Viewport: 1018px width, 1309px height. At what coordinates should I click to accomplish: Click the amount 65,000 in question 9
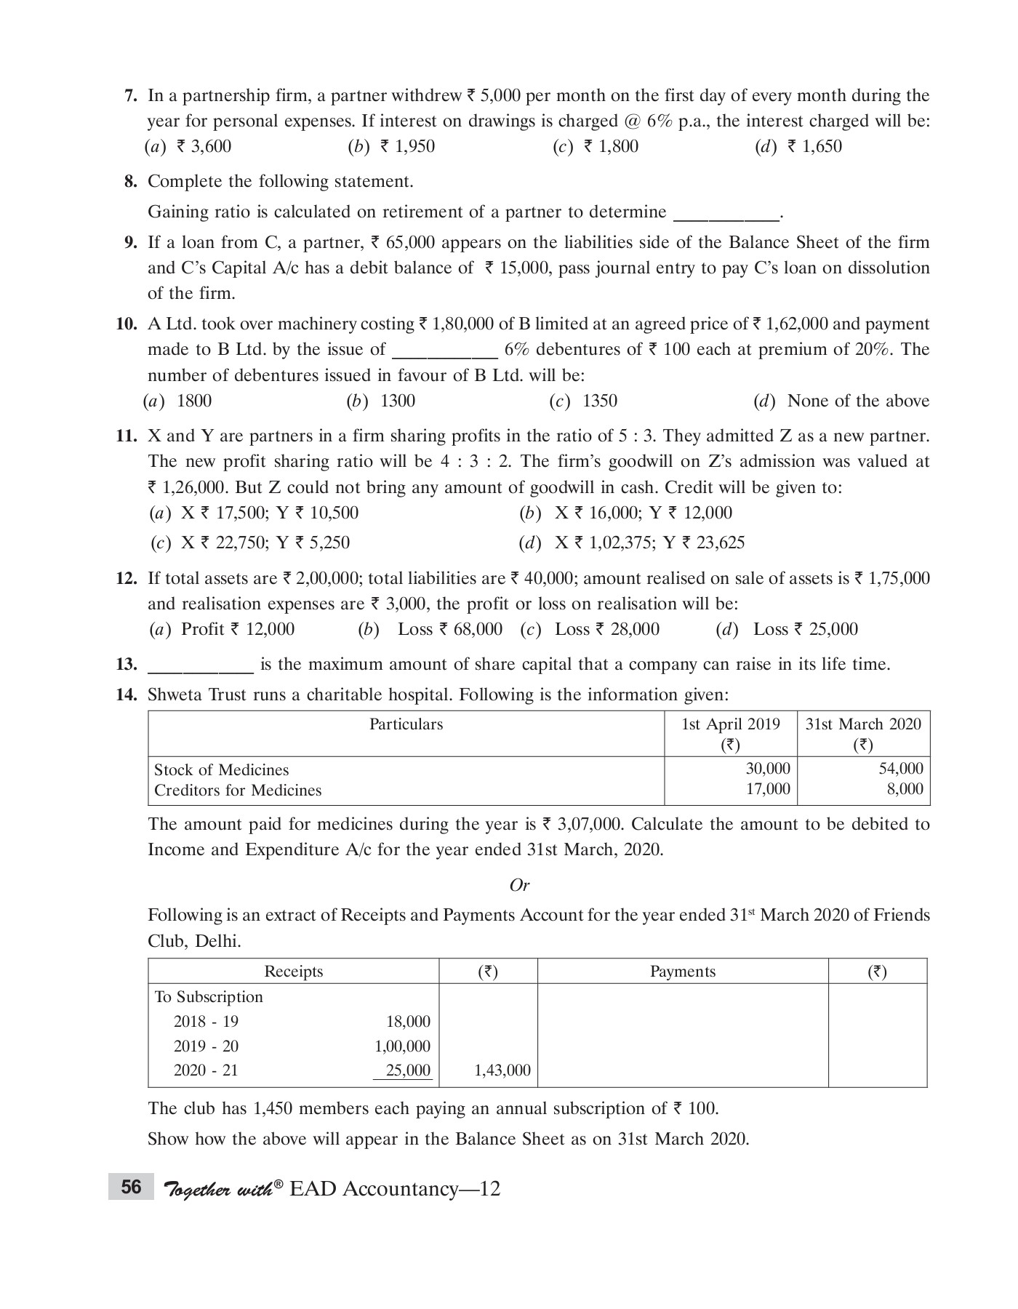click(x=410, y=242)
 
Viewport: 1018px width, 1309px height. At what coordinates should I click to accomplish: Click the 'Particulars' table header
click(x=406, y=724)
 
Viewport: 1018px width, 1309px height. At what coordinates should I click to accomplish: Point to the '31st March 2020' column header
click(x=862, y=724)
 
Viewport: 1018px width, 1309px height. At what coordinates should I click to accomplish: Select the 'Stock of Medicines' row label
click(x=221, y=770)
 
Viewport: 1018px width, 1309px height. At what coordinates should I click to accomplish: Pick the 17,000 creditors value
click(x=768, y=789)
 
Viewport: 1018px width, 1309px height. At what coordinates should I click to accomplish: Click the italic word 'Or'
click(x=519, y=885)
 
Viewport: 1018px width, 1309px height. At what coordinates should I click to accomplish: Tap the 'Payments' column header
click(x=682, y=972)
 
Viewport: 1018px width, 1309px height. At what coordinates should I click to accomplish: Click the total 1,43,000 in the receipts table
click(x=502, y=1070)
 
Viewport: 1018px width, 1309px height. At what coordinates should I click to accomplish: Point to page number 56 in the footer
click(x=131, y=1188)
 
